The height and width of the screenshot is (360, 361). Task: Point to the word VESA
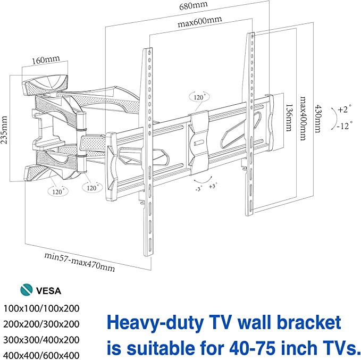[x=49, y=291]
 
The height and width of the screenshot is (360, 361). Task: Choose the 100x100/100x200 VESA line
[x=41, y=308]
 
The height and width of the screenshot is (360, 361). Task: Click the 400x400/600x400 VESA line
[x=41, y=355]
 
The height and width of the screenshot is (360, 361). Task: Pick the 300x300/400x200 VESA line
[x=41, y=340]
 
